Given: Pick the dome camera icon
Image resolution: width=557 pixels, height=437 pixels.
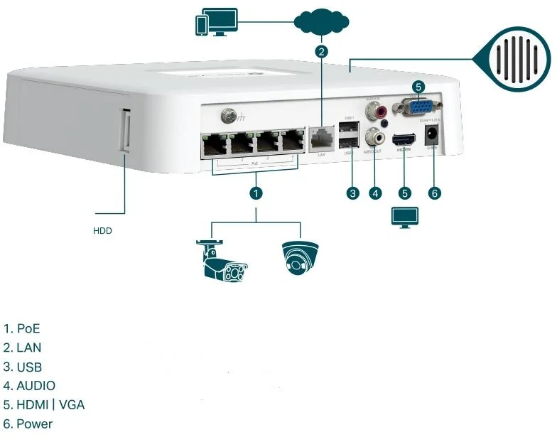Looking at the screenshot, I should click(x=299, y=257).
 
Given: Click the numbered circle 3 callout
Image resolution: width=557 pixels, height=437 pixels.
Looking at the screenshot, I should click(x=351, y=192).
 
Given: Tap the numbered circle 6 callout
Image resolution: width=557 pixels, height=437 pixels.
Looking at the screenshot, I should click(x=435, y=192).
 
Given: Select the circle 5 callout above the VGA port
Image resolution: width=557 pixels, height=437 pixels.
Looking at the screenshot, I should click(x=419, y=87).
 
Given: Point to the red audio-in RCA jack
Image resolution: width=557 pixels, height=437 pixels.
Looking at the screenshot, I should click(x=371, y=111).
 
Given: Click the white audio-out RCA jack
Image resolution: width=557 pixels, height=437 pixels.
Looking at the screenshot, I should click(x=372, y=136).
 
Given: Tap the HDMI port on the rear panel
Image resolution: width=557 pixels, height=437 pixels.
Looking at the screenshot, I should click(x=404, y=139).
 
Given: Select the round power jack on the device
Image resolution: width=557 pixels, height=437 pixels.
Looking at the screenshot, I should click(x=431, y=139).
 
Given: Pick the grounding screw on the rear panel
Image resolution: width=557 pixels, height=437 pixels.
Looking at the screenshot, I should click(x=229, y=114).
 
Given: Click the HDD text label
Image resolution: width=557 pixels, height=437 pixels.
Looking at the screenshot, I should click(x=103, y=231).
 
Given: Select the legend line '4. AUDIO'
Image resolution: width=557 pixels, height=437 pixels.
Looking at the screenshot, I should click(x=29, y=386).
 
